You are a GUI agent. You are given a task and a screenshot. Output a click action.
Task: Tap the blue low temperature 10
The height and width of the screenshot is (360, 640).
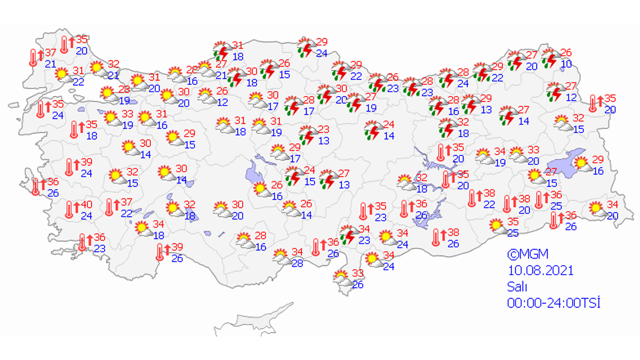pos(567,65)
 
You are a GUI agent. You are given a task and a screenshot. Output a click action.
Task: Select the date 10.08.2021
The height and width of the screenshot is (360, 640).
pos(540,270)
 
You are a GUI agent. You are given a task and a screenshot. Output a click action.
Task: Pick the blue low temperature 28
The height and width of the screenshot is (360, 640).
pos(297,263)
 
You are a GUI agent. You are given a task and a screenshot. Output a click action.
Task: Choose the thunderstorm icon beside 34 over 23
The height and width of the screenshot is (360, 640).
pos(348,235)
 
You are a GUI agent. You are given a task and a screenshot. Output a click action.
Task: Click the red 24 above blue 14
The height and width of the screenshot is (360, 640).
pos(389,125)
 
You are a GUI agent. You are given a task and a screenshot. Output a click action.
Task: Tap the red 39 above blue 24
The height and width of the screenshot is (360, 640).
pos(86,163)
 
